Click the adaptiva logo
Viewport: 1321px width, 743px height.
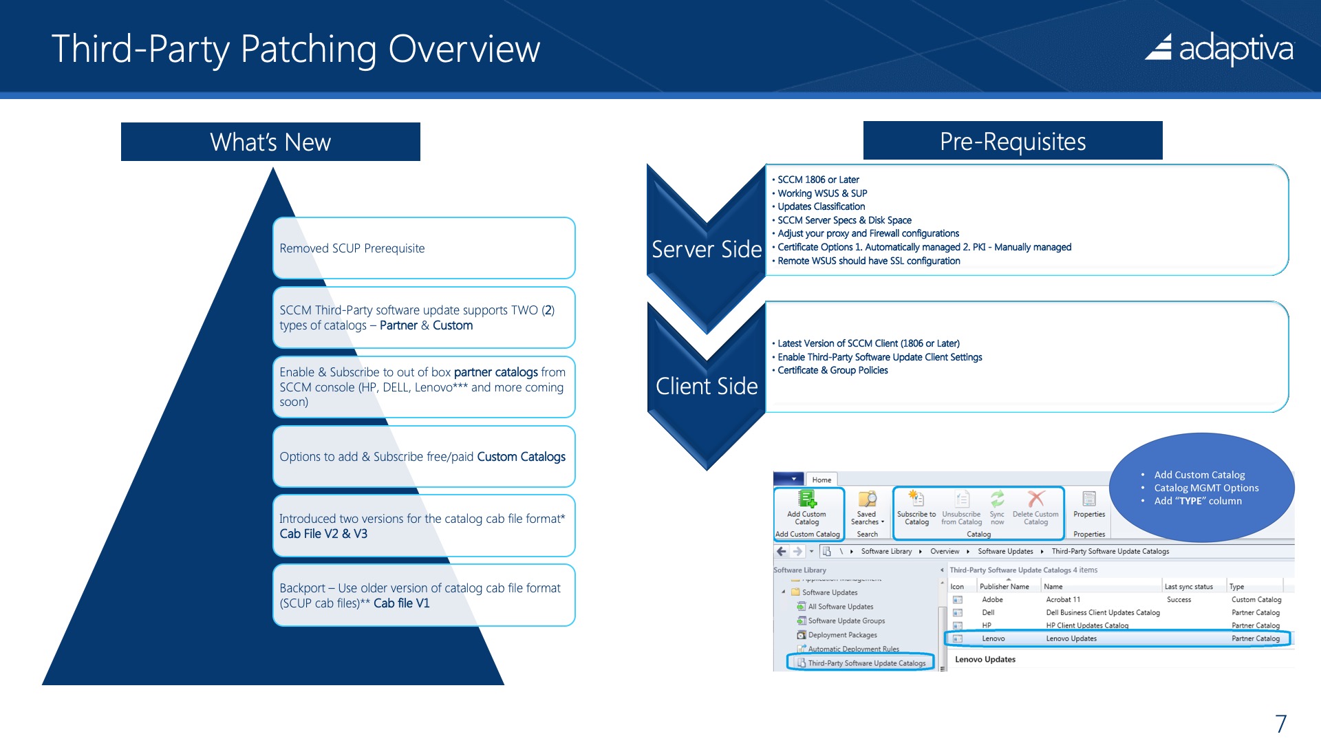click(1219, 49)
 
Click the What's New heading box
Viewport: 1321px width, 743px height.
click(270, 142)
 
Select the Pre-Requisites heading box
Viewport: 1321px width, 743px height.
click(1012, 141)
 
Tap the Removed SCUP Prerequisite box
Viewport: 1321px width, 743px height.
click(423, 248)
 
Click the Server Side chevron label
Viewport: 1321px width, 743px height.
click(707, 249)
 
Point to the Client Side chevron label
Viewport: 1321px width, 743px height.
click(707, 386)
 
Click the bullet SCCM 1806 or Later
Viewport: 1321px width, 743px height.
click(817, 180)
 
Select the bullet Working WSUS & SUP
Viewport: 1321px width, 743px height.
click(821, 193)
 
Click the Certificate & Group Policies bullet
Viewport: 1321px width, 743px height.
click(832, 370)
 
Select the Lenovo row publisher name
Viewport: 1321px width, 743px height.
click(993, 638)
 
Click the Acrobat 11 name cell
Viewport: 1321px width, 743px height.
click(1063, 600)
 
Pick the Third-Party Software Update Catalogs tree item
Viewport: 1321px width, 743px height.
click(866, 663)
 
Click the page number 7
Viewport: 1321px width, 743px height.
click(1280, 723)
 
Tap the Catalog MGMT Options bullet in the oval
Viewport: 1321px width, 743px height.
click(1205, 488)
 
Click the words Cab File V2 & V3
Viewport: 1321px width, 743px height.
click(323, 534)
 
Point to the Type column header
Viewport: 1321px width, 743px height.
click(1236, 587)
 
